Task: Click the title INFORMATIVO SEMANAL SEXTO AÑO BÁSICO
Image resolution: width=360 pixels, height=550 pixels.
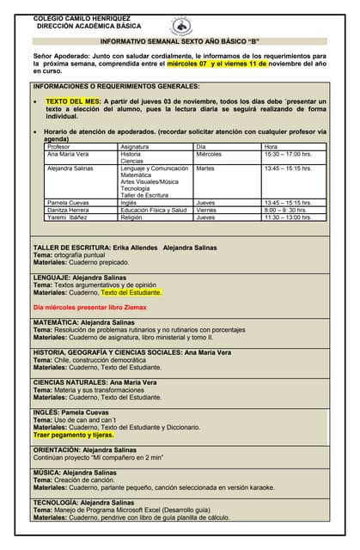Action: click(180, 41)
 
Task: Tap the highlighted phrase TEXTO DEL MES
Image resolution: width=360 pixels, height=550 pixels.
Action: click(72, 101)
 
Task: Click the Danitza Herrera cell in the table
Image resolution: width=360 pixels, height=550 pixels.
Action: click(68, 210)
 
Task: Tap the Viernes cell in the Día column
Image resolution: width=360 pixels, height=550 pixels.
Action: click(206, 210)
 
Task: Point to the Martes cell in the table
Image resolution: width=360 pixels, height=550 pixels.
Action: click(205, 168)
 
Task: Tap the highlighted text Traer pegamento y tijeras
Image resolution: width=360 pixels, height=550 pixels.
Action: click(73, 435)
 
